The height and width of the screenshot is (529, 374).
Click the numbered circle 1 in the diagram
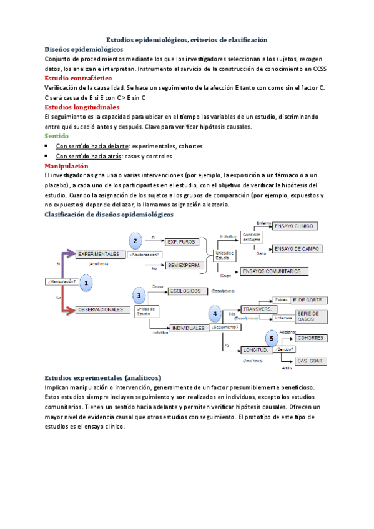tap(86, 283)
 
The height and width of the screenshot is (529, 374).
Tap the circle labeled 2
tap(134, 241)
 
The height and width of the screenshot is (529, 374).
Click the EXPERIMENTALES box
tap(100, 255)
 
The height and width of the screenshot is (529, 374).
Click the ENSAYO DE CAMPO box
tap(297, 248)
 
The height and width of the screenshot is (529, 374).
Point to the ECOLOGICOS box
tap(184, 291)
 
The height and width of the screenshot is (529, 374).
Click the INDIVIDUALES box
tap(188, 328)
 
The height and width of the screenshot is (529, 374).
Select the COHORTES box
tap(310, 338)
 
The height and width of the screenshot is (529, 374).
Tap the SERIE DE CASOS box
tap(309, 316)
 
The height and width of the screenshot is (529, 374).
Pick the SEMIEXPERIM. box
tap(185, 265)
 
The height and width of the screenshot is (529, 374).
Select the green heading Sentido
tap(56, 135)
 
